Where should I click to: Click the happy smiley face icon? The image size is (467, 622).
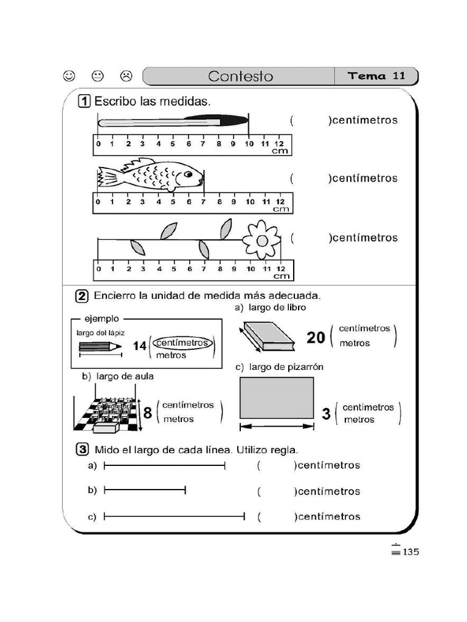tap(69, 76)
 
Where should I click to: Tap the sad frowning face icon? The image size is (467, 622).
tap(126, 76)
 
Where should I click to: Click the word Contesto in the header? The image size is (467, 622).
tap(240, 77)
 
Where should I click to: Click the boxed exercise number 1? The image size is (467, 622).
tap(84, 101)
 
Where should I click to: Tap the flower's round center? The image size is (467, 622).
tap(261, 240)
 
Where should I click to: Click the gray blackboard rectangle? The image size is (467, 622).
tap(277, 397)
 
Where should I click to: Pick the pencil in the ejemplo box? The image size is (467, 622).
tap(99, 346)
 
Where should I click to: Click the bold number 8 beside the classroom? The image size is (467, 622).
tap(147, 413)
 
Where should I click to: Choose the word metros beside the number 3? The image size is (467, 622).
tap(359, 420)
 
